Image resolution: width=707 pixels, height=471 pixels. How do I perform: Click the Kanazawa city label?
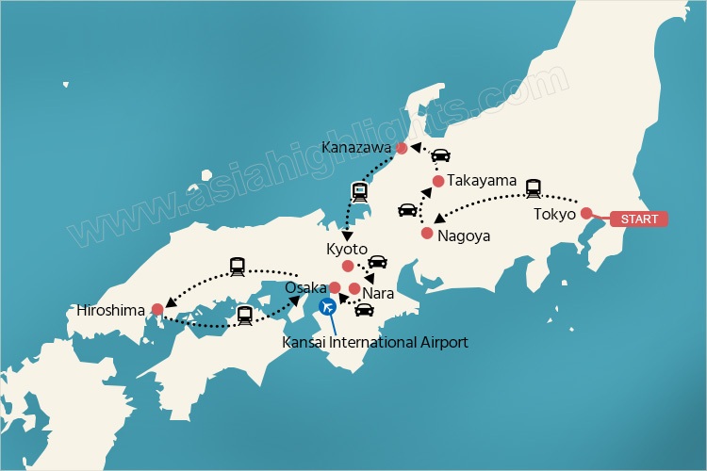point(356,147)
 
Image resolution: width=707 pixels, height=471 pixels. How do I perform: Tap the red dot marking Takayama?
point(438,181)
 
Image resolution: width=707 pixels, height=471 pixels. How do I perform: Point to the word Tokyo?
point(554,213)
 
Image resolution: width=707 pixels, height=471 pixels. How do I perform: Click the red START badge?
point(638,219)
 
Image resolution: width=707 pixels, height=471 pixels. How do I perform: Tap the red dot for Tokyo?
point(586,213)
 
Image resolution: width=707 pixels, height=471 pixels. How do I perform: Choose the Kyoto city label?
point(345,250)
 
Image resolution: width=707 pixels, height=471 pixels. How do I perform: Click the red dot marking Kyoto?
point(348,267)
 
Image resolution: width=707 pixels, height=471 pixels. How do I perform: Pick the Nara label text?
point(379,293)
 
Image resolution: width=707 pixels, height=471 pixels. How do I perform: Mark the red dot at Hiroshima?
point(157,308)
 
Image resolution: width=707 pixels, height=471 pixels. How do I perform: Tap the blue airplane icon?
point(328,305)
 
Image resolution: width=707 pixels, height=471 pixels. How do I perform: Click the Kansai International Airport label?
point(375,342)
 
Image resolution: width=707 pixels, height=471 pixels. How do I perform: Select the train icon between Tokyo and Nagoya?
point(534,187)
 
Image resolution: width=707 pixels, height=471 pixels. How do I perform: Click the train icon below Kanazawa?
point(359,191)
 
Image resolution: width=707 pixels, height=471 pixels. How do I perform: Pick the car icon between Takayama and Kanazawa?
point(440,157)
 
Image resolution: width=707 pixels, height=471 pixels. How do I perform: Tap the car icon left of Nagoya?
point(407,210)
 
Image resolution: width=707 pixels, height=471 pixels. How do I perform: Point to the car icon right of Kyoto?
point(377,261)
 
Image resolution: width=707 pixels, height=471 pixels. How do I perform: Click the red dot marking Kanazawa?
point(402,148)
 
